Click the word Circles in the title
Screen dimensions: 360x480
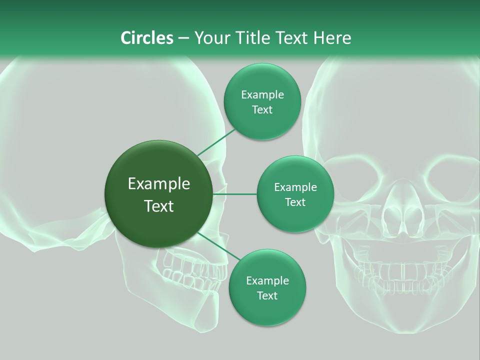(x=146, y=37)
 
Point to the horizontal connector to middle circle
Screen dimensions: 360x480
(x=234, y=194)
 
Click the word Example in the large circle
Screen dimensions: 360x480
(x=159, y=184)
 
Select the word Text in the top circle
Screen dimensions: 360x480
(x=262, y=110)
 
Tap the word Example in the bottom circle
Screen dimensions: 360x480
(x=267, y=280)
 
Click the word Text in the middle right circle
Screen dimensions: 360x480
(x=295, y=202)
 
